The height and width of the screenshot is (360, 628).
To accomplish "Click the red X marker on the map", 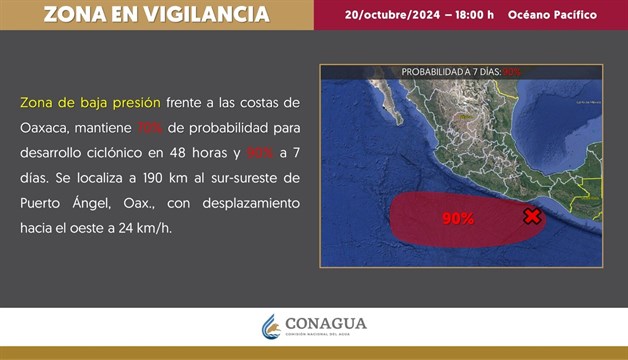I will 532,216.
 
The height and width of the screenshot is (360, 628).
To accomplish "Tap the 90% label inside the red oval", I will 457,218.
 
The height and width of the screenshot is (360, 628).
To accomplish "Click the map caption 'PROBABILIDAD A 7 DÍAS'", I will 451,72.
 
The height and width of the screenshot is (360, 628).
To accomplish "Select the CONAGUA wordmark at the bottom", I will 325,324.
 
